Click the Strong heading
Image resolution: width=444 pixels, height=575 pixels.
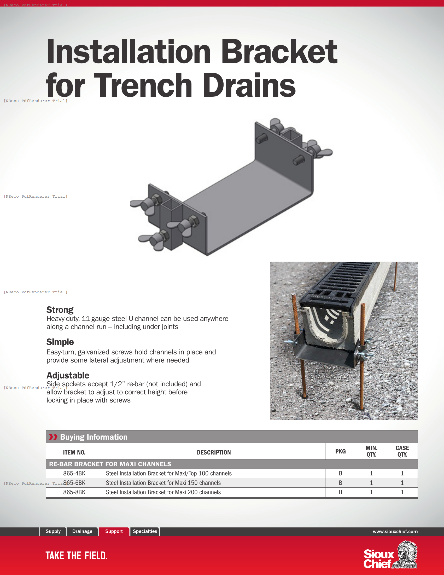pyautogui.click(x=60, y=310)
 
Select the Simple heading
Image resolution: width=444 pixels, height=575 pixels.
pyautogui.click(x=60, y=342)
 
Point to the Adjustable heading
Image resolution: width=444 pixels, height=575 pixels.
pyautogui.click(x=68, y=375)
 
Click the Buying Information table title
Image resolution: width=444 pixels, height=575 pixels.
pyautogui.click(x=94, y=437)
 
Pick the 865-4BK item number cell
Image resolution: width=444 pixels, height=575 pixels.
pyautogui.click(x=74, y=473)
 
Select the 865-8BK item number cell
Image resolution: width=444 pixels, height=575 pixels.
pyautogui.click(x=74, y=492)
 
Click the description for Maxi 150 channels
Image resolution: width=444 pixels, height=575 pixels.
pyautogui.click(x=163, y=483)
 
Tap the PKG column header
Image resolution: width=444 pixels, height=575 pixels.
pyautogui.click(x=340, y=452)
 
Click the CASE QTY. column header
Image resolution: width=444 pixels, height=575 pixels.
pyautogui.click(x=402, y=451)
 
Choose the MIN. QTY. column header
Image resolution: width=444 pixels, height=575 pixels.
pyautogui.click(x=371, y=451)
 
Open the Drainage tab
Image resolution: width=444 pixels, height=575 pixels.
pyautogui.click(x=82, y=531)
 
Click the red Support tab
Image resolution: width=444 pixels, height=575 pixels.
pyautogui.click(x=114, y=531)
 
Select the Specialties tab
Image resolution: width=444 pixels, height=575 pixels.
pyautogui.click(x=145, y=531)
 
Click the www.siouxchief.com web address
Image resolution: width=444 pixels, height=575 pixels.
pyautogui.click(x=395, y=532)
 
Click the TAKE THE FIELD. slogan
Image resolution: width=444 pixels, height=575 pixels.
pyautogui.click(x=77, y=556)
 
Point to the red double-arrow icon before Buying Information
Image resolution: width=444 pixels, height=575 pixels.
pyautogui.click(x=53, y=437)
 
